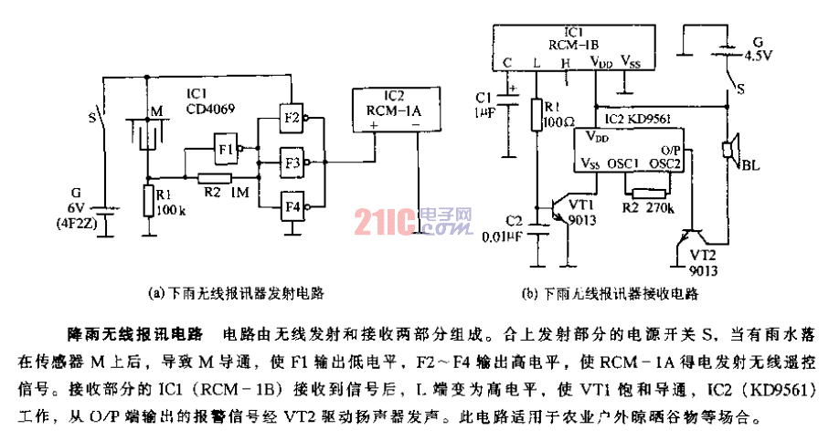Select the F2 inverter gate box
click(x=292, y=117)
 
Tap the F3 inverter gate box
click(x=292, y=163)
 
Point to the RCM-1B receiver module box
click(x=575, y=45)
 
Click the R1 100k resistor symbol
click(x=146, y=200)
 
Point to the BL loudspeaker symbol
click(x=731, y=152)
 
